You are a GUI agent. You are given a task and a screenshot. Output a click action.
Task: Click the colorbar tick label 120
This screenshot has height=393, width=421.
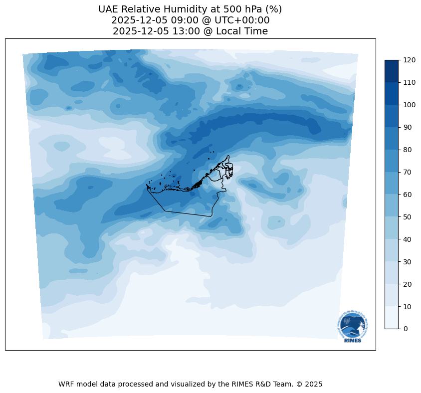410,60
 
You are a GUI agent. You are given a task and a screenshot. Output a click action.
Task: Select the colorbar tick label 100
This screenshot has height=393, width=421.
410,105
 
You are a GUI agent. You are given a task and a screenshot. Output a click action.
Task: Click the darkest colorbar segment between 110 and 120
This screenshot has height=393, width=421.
392,71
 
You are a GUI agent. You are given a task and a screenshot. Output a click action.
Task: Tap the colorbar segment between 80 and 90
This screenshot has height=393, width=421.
392,138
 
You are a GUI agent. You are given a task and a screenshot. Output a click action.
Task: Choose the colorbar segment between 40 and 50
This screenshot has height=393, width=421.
392,228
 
